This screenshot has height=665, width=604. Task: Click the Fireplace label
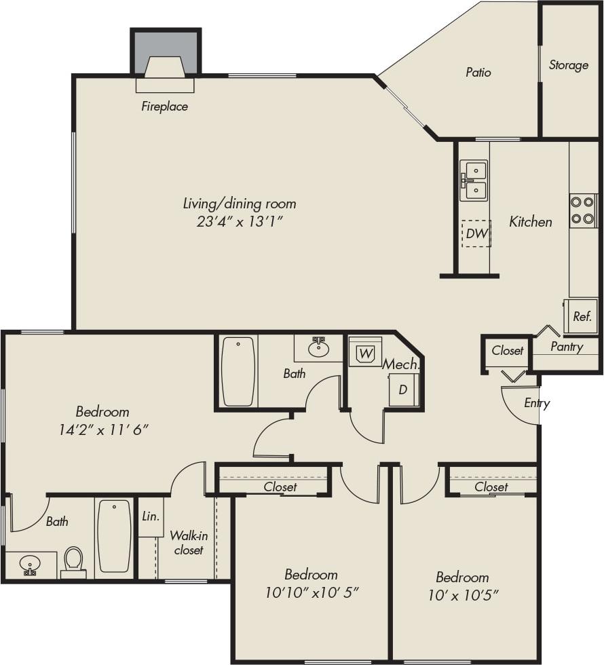coord(164,107)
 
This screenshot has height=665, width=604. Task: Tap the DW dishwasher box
coord(476,233)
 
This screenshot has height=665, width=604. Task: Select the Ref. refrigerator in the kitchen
coord(582,316)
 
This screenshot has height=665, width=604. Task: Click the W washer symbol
coord(366,353)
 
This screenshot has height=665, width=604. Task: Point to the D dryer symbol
coord(403,390)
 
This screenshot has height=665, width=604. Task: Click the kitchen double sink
coord(474,181)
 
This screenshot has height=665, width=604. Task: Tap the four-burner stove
coord(582,210)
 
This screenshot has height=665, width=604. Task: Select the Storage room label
coord(569,65)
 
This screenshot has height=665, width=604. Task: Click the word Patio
coord(478,72)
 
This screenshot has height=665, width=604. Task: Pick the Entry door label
coord(537,403)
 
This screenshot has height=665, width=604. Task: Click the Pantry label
coord(567,347)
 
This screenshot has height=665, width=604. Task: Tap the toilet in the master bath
coord(73,560)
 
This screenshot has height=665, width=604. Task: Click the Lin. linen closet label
coord(151,516)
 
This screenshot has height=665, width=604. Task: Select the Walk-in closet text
coord(188,542)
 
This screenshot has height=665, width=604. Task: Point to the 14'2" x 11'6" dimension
coord(102,429)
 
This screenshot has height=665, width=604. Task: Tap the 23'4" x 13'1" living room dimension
coord(239,221)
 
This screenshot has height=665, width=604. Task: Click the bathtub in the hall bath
coord(238,371)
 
